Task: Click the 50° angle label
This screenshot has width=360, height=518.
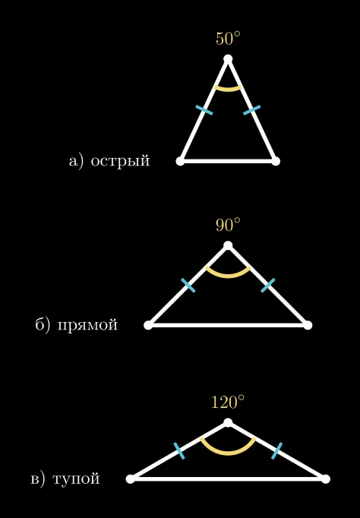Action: pos(228,38)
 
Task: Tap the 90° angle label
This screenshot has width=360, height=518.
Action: pos(228,225)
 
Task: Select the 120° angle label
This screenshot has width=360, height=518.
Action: pos(228,402)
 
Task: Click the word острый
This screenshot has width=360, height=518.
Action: pos(120,161)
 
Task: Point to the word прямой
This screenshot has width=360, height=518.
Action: pos(87,325)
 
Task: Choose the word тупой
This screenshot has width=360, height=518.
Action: pos(76,479)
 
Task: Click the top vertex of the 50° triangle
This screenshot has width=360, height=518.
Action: pos(228,59)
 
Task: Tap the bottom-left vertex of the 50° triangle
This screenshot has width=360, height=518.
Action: pos(180,161)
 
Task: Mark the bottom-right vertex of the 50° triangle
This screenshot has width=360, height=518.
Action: pos(276,161)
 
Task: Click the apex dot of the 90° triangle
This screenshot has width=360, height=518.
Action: pos(228,245)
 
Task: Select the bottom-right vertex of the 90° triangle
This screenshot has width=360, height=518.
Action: pos(308,325)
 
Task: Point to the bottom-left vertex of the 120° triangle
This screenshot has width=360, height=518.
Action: pos(131,479)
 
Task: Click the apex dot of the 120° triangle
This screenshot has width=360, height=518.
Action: pos(228,422)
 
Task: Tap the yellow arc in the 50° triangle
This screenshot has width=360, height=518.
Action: pos(228,90)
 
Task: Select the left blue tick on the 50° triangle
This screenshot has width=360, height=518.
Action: pos(204,110)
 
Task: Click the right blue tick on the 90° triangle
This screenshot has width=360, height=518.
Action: pos(268,286)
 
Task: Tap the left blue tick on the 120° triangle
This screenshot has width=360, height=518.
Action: pos(179,451)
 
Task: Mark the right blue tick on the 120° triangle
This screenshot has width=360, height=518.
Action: pos(276,451)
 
